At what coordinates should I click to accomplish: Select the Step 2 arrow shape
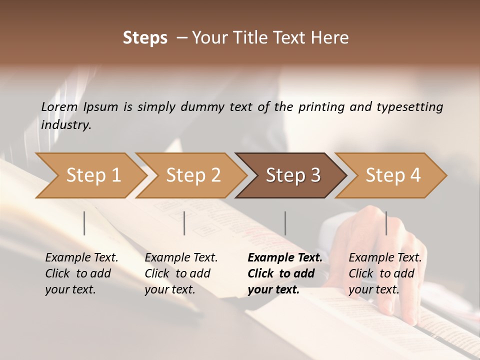[x=192, y=175]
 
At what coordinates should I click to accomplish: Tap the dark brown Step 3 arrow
[x=292, y=175]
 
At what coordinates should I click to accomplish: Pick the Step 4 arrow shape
[x=392, y=175]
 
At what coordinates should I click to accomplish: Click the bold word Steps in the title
[x=145, y=38]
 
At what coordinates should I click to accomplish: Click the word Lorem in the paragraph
[x=59, y=107]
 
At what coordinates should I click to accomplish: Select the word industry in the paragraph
[x=66, y=125]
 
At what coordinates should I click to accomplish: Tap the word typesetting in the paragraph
[x=409, y=107]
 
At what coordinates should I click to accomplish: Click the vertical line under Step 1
[x=84, y=223]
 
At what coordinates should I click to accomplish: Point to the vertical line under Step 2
[x=184, y=223]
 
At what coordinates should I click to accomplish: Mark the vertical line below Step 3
[x=285, y=223]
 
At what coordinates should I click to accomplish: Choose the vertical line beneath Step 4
[x=386, y=223]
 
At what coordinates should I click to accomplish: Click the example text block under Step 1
[x=81, y=273]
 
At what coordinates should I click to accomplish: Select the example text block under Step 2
[x=181, y=273]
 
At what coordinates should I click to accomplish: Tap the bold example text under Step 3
[x=285, y=273]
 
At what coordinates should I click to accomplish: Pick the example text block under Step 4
[x=385, y=273]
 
